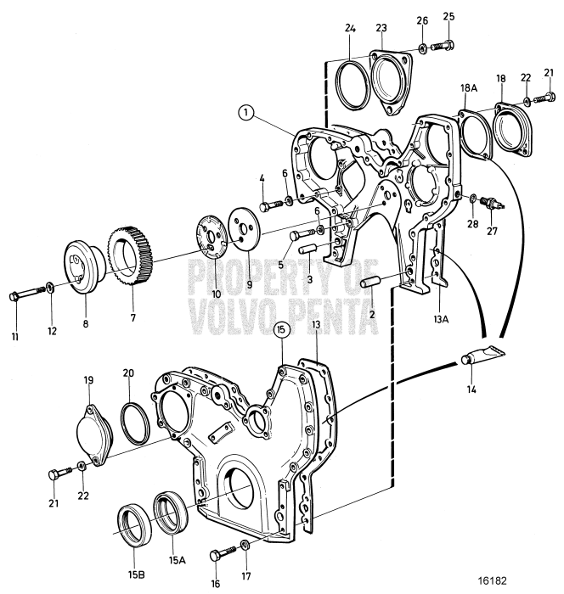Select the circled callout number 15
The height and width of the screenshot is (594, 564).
tap(283, 330)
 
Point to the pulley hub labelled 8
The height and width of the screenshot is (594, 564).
tap(83, 269)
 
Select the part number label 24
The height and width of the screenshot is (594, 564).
tap(351, 28)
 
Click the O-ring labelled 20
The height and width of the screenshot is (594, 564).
tap(133, 418)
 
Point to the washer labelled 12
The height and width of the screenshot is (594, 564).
tap(52, 294)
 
